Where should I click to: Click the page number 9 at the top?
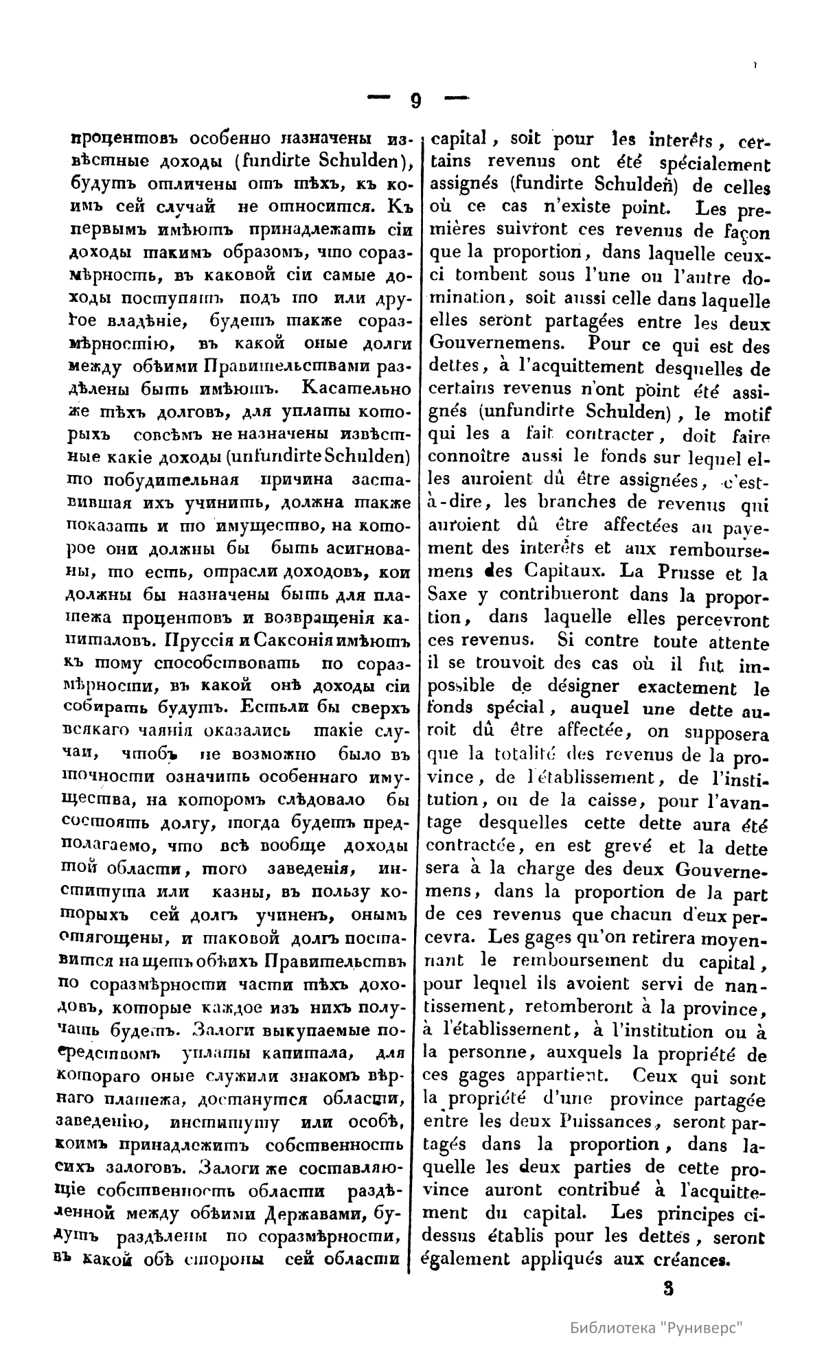click(x=415, y=101)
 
